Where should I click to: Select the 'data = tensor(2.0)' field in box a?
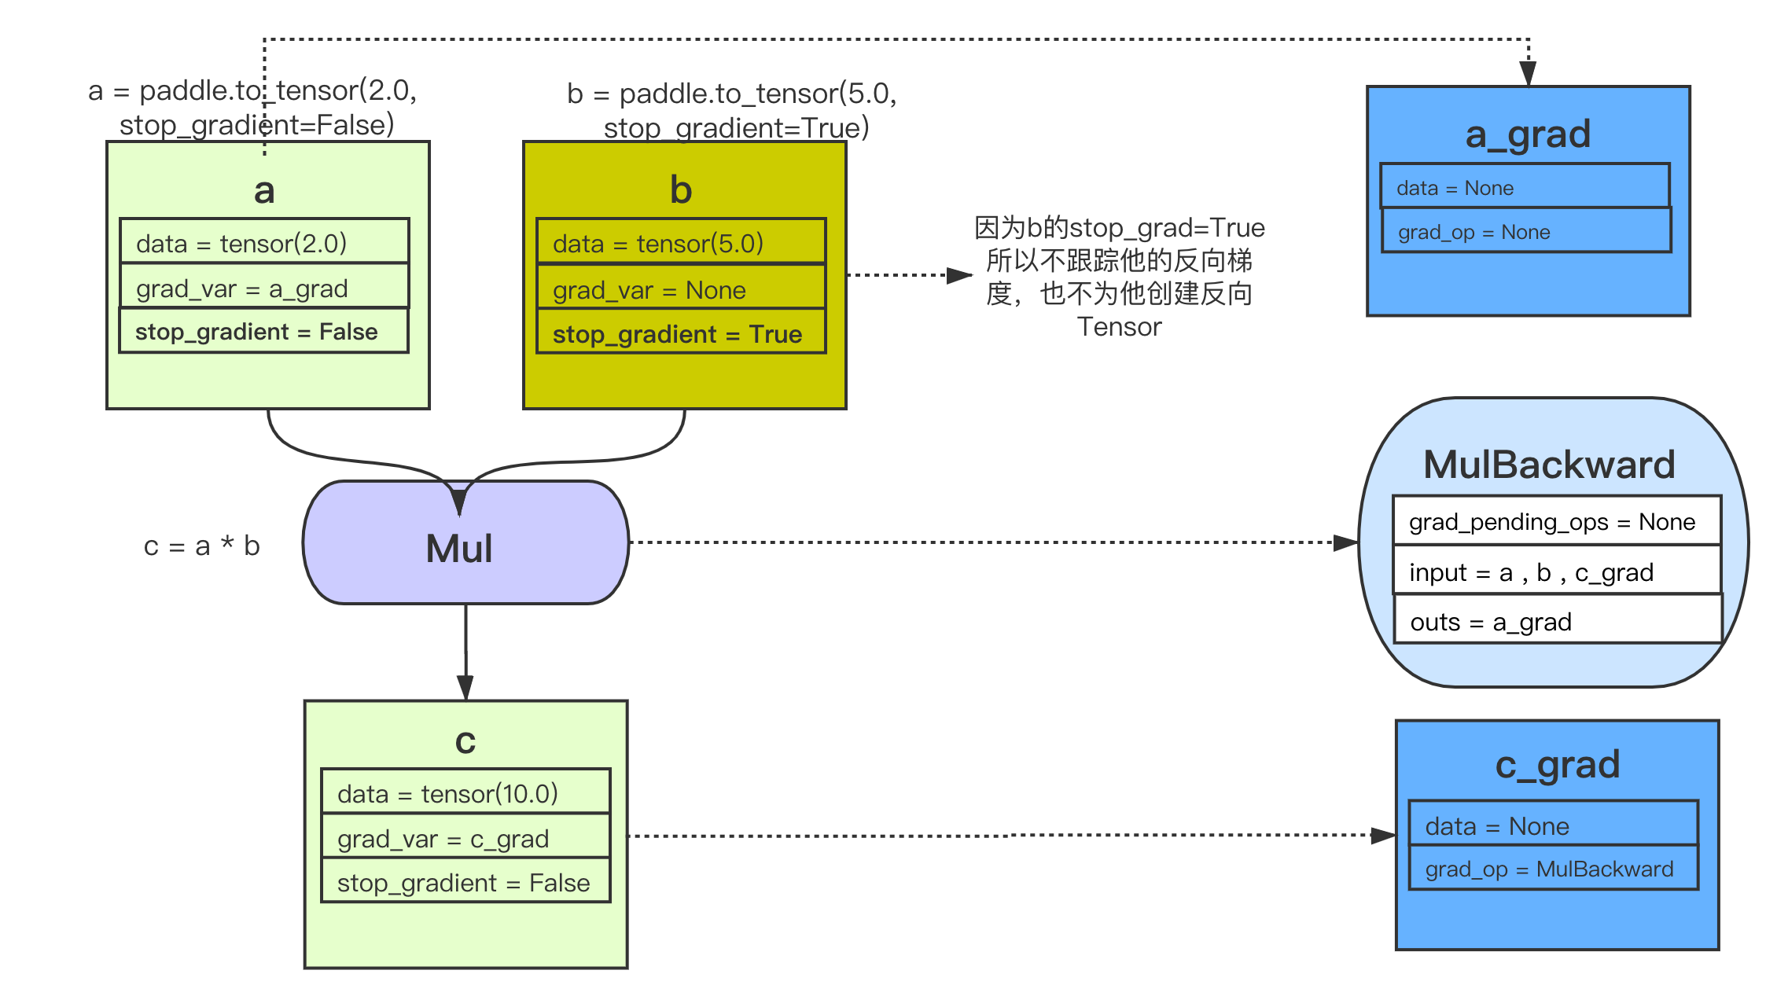264,243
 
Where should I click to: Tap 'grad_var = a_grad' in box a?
264,288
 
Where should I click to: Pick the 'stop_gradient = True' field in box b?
681,334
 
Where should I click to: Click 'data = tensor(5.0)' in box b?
681,243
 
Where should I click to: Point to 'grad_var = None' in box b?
681,289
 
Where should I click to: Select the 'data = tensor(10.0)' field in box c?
465,793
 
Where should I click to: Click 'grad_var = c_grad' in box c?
465,838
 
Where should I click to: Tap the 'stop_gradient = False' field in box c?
465,882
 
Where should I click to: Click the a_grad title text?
1528,134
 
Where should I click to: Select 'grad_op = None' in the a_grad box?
1525,232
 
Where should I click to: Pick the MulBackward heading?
1549,464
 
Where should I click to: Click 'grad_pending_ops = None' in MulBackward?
1556,521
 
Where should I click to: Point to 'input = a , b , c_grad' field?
1556,571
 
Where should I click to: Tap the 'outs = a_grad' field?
1556,621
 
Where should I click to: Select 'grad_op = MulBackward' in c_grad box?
1553,869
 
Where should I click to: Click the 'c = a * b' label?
201,546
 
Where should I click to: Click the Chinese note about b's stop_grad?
1119,277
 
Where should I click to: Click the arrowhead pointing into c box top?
465,688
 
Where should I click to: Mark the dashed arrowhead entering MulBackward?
1346,542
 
